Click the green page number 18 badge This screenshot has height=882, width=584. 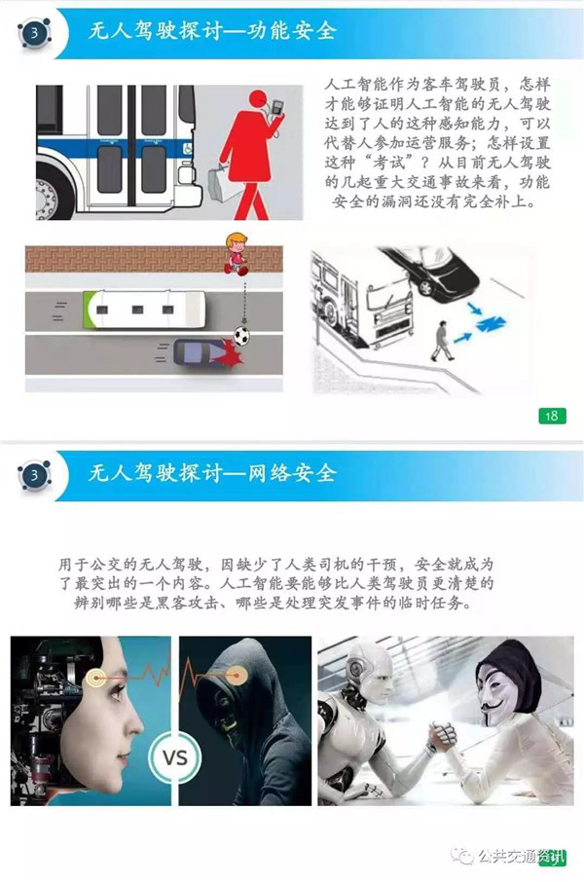click(x=552, y=416)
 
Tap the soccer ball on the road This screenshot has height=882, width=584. click(x=241, y=336)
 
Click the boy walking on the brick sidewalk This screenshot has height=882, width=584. click(x=237, y=254)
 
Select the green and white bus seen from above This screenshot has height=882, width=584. click(x=144, y=310)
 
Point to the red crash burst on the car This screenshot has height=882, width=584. click(x=232, y=353)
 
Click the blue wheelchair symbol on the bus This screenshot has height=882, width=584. click(x=186, y=148)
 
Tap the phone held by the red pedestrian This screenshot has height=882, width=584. click(x=277, y=107)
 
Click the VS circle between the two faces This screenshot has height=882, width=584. click(x=175, y=757)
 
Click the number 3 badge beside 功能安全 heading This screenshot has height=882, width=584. click(x=34, y=33)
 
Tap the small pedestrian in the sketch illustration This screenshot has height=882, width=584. click(x=442, y=341)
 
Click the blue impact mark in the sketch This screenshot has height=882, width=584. click(x=492, y=323)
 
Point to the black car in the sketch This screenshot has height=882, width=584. click(x=437, y=272)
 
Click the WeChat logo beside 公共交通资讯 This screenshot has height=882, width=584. click(x=463, y=857)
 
